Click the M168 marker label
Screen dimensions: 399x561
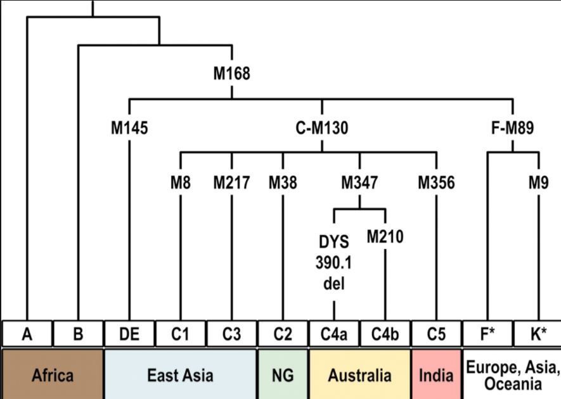[231, 74]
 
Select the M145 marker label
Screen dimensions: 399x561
[129, 129]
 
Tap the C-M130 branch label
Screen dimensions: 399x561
[321, 129]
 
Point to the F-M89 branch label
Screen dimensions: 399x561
[512, 129]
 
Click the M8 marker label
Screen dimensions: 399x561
[181, 183]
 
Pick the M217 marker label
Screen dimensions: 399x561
[231, 183]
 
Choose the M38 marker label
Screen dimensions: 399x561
[283, 183]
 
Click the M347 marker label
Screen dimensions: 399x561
[359, 183]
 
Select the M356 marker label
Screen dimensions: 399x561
[436, 183]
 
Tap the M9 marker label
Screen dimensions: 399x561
[539, 183]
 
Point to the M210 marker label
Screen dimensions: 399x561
[385, 237]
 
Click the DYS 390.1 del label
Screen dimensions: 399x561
[334, 263]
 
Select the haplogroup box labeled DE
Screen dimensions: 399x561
[129, 334]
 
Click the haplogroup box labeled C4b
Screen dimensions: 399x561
[385, 334]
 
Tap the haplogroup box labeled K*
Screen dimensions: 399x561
[538, 334]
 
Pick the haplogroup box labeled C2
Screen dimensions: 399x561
[283, 334]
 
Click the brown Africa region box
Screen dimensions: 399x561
[52, 375]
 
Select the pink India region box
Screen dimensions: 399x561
[436, 375]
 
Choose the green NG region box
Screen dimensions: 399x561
[283, 375]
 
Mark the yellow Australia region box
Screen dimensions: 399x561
[359, 375]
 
